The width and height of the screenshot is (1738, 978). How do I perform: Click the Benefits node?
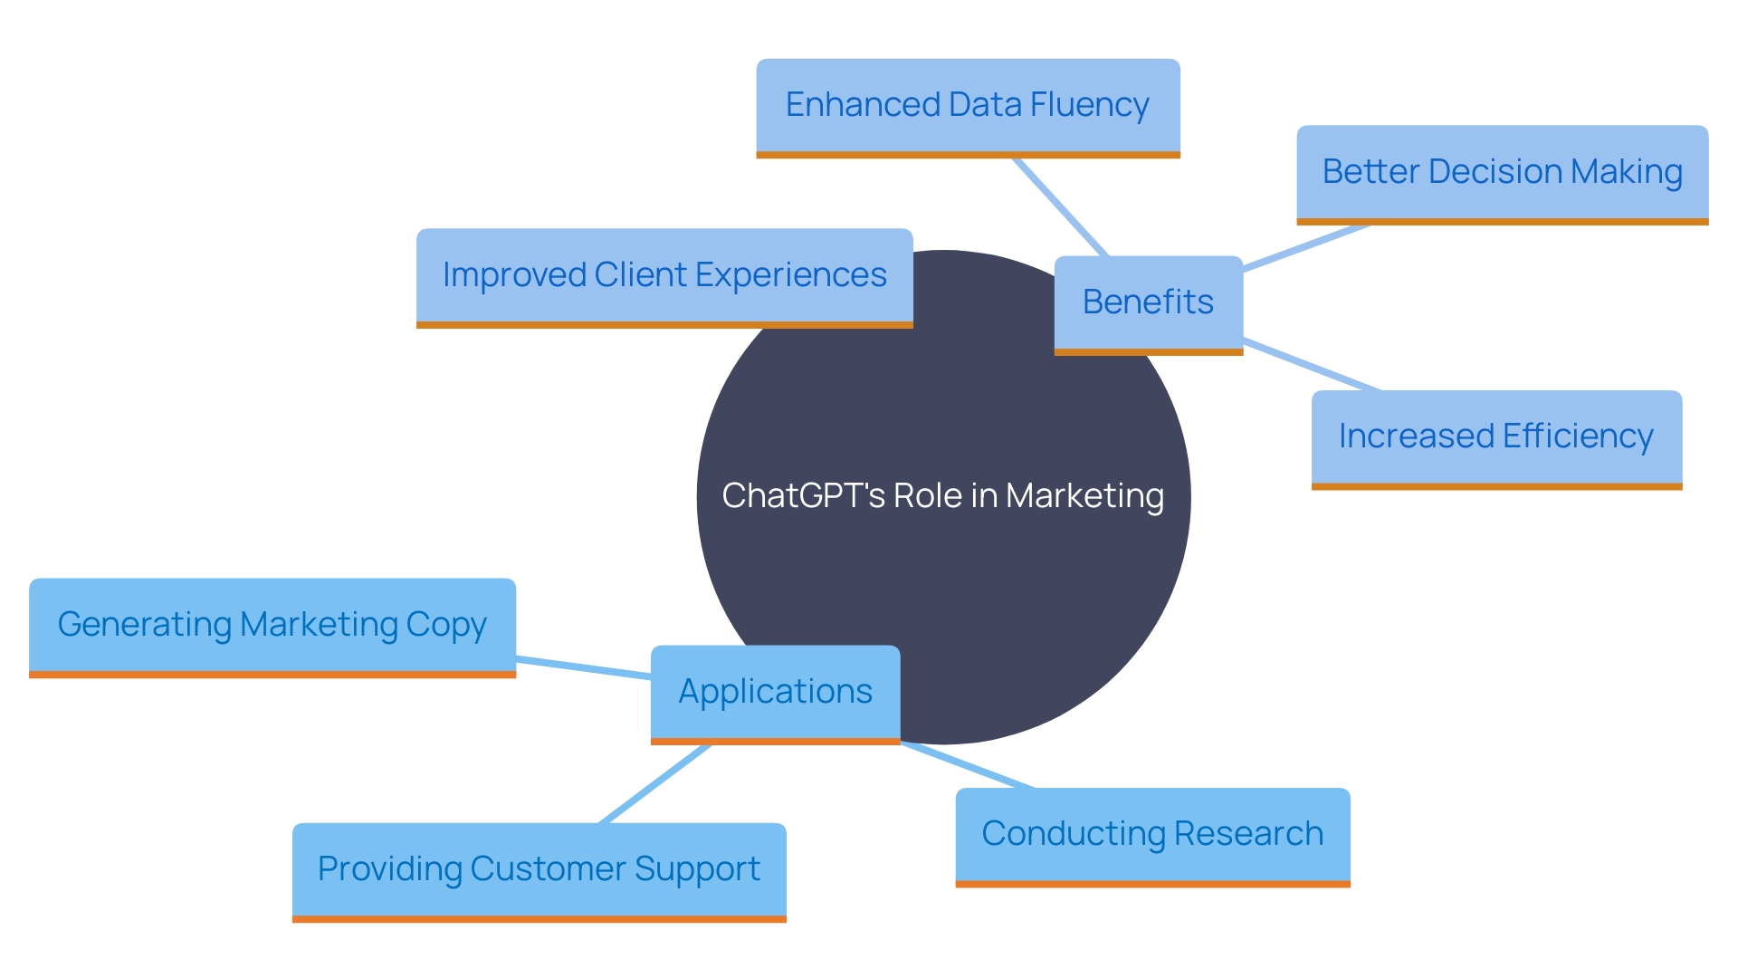pyautogui.click(x=1148, y=302)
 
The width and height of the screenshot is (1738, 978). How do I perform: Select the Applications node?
pyautogui.click(x=775, y=692)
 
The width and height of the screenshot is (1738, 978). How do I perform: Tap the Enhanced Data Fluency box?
pyautogui.click(x=967, y=105)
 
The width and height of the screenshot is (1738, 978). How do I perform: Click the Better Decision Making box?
pyautogui.click(x=1502, y=172)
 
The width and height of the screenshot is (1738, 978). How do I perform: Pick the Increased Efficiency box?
pyautogui.click(x=1495, y=436)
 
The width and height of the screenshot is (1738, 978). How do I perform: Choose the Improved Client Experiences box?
pyautogui.click(x=664, y=275)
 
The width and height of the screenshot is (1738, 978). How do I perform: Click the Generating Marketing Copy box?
pyautogui.click(x=272, y=625)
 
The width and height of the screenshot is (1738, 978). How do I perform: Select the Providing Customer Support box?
pyautogui.click(x=539, y=869)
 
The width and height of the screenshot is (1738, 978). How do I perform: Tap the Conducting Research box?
pyautogui.click(x=1151, y=834)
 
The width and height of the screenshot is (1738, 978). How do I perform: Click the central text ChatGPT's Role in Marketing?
pyautogui.click(x=942, y=496)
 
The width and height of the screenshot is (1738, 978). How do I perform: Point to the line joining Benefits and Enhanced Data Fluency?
pyautogui.click(x=1060, y=206)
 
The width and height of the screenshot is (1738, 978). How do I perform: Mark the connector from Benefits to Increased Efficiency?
pyautogui.click(x=1313, y=366)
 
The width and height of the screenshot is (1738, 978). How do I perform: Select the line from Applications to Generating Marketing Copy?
pyautogui.click(x=584, y=667)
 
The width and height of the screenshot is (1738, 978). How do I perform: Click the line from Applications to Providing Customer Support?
pyautogui.click(x=655, y=783)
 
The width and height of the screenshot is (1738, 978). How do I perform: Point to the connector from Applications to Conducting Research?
pyautogui.click(x=969, y=766)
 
